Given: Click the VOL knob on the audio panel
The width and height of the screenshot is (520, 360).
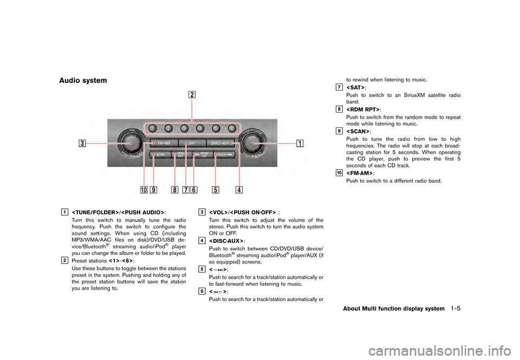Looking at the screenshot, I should point(130,144).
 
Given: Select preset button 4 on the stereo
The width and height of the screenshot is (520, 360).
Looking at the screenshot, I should point(200,128).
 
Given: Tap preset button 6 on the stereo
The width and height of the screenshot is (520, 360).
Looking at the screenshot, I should point(231,128).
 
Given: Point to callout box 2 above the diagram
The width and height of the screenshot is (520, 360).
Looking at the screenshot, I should point(192,94).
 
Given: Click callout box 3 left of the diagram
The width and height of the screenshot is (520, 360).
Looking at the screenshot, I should point(82,144).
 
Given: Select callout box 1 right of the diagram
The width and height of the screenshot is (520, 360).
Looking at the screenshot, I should point(300,144).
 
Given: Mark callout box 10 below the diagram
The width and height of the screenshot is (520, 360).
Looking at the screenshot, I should point(144,190).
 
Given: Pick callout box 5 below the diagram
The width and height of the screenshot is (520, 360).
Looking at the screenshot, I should point(216,190).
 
